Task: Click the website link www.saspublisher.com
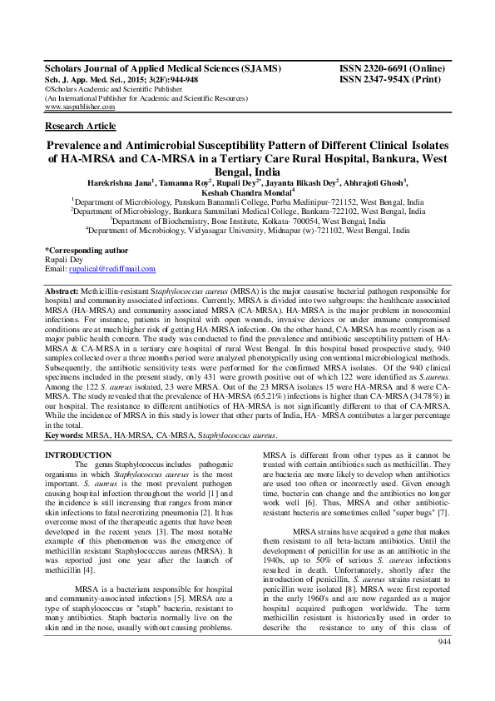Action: coord(80,107)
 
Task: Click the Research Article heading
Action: coord(81,126)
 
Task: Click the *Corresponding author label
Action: coord(86,250)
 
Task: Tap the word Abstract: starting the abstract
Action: coord(62,286)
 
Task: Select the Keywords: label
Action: coord(64,435)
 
